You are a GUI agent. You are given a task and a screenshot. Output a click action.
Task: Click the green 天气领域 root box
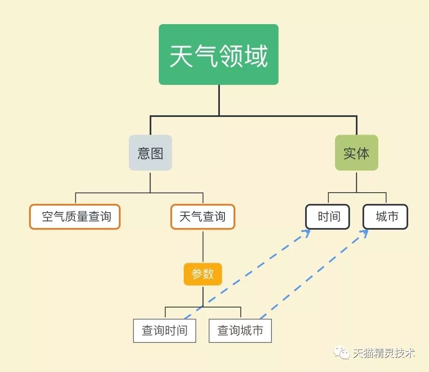(219, 55)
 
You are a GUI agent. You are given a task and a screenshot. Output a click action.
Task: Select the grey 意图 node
(150, 153)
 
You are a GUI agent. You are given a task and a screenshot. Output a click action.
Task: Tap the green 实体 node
(357, 153)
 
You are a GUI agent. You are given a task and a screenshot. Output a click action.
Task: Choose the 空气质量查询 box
(75, 217)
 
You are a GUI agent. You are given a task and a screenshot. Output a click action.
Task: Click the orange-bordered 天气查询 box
(203, 217)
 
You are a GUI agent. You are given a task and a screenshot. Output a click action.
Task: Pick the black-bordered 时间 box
(328, 217)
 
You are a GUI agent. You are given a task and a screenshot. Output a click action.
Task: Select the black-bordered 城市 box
(385, 217)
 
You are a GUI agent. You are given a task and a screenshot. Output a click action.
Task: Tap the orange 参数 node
(203, 274)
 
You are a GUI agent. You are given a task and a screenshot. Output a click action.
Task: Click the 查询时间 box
(165, 331)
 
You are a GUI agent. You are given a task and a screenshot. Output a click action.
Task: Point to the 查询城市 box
(240, 331)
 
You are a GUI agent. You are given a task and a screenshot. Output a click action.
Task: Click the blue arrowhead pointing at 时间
(307, 233)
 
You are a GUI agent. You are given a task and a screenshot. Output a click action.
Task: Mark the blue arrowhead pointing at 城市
(365, 233)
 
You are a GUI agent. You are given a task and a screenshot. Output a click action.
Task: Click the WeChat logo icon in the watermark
(341, 352)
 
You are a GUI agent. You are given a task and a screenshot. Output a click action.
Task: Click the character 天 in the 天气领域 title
(181, 56)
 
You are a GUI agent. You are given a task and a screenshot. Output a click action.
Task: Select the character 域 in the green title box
(256, 56)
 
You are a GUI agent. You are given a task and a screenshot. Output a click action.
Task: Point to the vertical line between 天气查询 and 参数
(203, 246)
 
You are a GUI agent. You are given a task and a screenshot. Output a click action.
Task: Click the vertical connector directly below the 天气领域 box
(219, 100)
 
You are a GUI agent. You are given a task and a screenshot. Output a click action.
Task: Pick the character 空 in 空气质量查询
(47, 217)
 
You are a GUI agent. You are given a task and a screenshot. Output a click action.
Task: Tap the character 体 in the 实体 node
(363, 154)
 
